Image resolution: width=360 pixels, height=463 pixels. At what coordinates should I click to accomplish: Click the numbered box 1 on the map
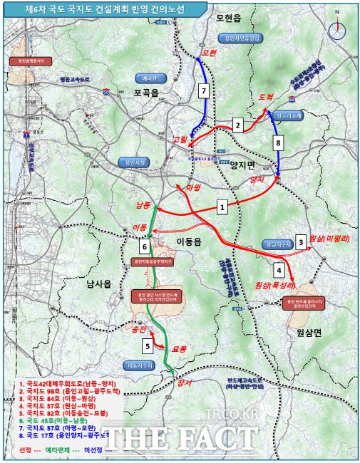coord(222,207)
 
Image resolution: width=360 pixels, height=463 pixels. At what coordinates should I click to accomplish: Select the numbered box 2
coord(238,126)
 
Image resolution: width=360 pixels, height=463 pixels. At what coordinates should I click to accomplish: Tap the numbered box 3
coord(301,242)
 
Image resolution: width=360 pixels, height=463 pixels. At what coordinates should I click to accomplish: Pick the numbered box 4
coord(279,270)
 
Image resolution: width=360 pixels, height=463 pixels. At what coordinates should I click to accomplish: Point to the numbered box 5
coord(147,347)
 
